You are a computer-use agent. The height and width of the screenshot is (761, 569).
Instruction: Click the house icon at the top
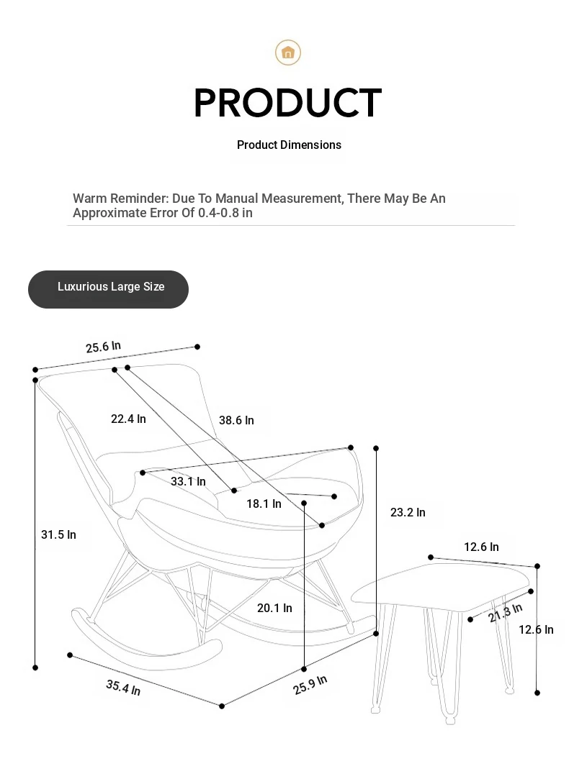point(288,53)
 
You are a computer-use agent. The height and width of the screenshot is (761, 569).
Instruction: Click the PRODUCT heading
point(287,103)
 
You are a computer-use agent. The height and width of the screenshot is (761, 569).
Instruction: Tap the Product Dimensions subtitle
point(289,145)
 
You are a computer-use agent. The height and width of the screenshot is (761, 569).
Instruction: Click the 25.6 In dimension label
point(103,347)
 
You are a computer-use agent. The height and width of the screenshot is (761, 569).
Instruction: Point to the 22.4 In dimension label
point(128,419)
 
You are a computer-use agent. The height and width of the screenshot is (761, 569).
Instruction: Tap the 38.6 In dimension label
point(236,420)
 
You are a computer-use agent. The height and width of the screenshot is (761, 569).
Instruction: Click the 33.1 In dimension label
point(188,481)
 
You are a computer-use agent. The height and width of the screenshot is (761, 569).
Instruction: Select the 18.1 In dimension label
point(264,503)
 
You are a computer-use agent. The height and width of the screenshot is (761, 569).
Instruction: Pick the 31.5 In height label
point(58,535)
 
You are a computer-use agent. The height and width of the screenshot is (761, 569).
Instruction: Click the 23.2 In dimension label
point(408,513)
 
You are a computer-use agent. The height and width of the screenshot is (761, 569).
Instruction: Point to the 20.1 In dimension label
point(274,608)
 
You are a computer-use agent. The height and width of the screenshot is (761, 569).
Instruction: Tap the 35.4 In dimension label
point(123,687)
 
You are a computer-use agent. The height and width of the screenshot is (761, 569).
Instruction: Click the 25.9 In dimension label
point(310,684)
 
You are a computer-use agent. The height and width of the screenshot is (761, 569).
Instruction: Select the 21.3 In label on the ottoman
point(506,613)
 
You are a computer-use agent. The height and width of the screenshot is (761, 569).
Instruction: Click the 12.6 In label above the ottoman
point(482,547)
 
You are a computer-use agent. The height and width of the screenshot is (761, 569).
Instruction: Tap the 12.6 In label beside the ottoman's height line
point(536,629)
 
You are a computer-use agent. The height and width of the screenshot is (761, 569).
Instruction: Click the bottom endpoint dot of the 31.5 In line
point(35,667)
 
